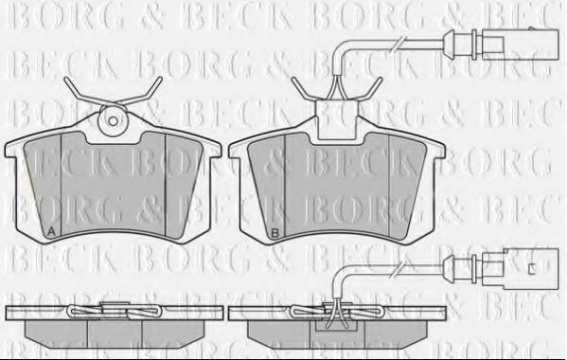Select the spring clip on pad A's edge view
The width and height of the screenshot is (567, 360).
[x=113, y=310]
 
